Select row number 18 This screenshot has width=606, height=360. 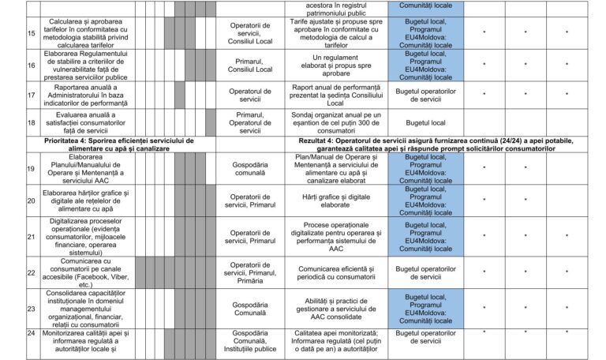pos(9,123)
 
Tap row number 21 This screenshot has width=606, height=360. pos(9,236)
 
